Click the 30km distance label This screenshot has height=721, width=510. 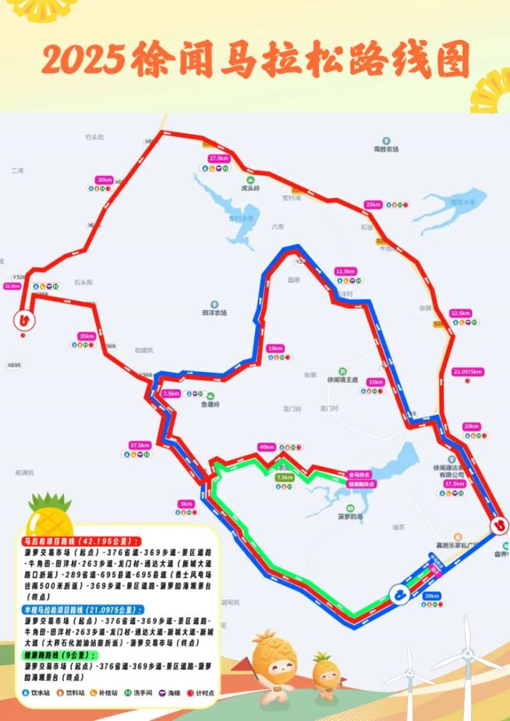click(x=104, y=180)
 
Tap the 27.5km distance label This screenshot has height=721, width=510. click(x=219, y=158)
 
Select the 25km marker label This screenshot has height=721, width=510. click(x=374, y=204)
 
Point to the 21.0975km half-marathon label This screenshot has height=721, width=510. click(x=468, y=371)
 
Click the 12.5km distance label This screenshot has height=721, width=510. click(x=344, y=271)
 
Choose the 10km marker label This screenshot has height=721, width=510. click(x=276, y=348)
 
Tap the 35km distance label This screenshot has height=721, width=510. click(x=85, y=336)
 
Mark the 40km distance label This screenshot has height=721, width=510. click(x=266, y=446)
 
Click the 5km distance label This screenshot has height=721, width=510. click(x=186, y=503)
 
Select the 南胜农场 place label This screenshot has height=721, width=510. click(x=386, y=149)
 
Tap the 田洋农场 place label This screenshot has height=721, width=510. click(x=214, y=313)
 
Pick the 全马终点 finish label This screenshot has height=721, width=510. click(x=361, y=475)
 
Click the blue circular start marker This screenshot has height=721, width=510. click(x=398, y=595)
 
